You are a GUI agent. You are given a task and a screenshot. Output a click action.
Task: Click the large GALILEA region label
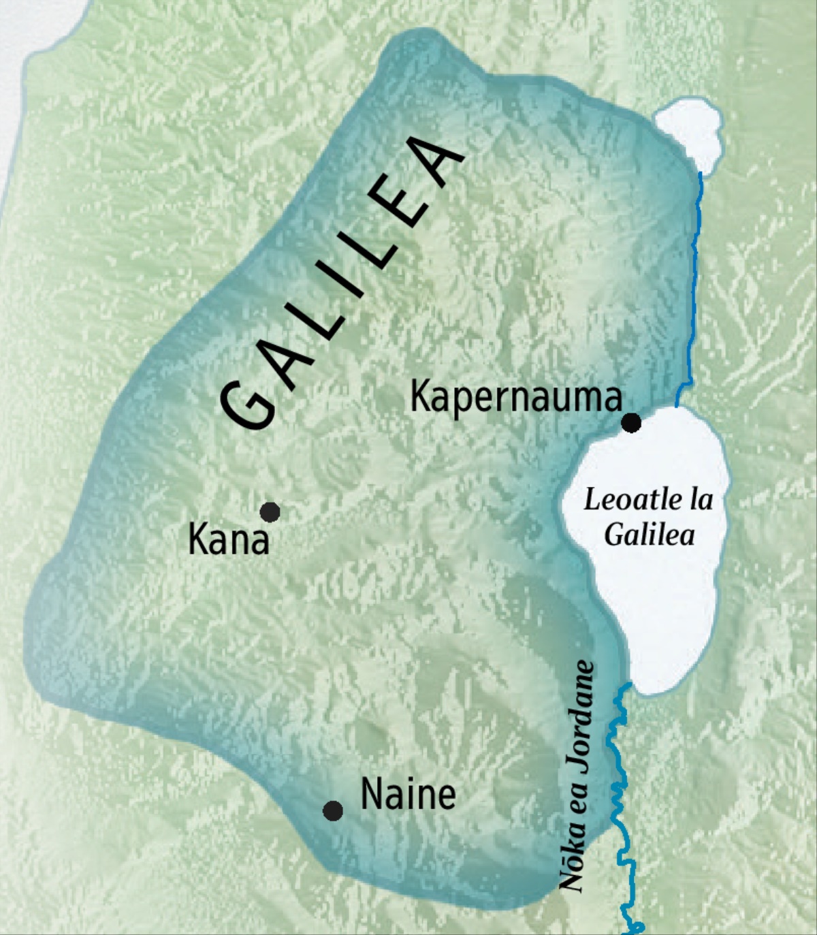[x=340, y=286]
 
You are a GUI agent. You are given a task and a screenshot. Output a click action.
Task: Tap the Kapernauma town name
[x=515, y=396]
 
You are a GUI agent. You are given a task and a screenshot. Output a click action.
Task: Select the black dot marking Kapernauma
[x=632, y=423]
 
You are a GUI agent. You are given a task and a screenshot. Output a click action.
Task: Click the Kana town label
[x=228, y=541]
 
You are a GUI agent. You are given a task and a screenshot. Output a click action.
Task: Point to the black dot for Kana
[x=270, y=511]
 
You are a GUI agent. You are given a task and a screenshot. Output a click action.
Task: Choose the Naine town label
[x=407, y=794]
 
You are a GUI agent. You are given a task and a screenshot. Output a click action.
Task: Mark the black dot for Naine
[x=332, y=810]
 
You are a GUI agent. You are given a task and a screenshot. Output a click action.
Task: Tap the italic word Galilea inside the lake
[x=649, y=534]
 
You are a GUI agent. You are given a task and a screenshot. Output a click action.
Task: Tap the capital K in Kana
[x=198, y=541]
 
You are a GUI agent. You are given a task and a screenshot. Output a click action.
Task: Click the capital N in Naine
[x=372, y=794]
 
